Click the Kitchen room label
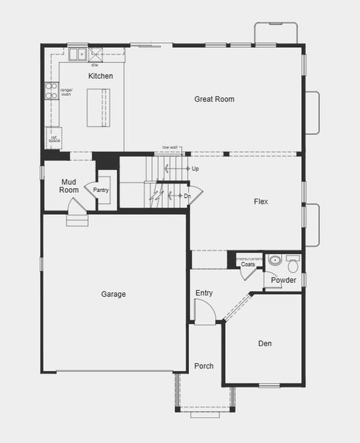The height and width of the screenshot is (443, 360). (x=100, y=76)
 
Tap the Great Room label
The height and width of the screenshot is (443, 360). (x=214, y=99)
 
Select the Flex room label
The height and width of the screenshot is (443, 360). (x=260, y=202)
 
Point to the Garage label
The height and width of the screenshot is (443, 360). (x=114, y=294)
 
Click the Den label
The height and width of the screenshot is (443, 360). (x=265, y=343)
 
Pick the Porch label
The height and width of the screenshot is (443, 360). (x=204, y=366)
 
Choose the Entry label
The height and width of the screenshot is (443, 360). (x=204, y=293)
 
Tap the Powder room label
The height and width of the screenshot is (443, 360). (x=283, y=281)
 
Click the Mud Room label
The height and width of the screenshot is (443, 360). (x=69, y=185)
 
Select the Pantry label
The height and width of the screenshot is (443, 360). (x=101, y=190)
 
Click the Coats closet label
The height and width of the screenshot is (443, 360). (x=248, y=264)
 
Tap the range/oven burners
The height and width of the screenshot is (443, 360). (x=51, y=91)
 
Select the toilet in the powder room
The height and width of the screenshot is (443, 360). (x=293, y=263)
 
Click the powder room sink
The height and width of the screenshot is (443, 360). (x=274, y=260)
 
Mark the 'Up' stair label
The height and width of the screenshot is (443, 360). (x=195, y=169)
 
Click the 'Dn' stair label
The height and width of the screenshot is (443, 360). (x=187, y=196)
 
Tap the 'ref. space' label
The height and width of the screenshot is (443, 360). (x=53, y=138)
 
